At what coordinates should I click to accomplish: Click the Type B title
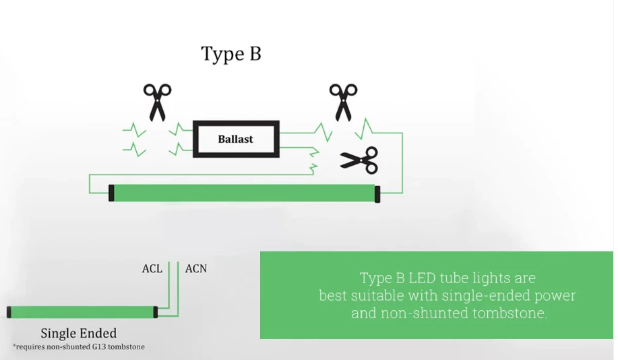231,54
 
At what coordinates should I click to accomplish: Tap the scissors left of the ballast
157,102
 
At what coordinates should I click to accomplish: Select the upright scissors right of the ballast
343,102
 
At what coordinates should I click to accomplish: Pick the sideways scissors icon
359,160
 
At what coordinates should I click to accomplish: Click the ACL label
152,269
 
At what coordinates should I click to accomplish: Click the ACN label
196,269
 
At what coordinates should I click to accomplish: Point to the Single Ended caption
79,333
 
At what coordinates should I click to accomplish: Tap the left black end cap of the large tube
112,193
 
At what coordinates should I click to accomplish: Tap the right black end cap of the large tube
377,194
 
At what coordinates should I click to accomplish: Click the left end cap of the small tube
9,312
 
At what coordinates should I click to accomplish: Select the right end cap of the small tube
156,312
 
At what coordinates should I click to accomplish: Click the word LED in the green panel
422,278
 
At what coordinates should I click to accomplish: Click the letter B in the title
255,54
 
